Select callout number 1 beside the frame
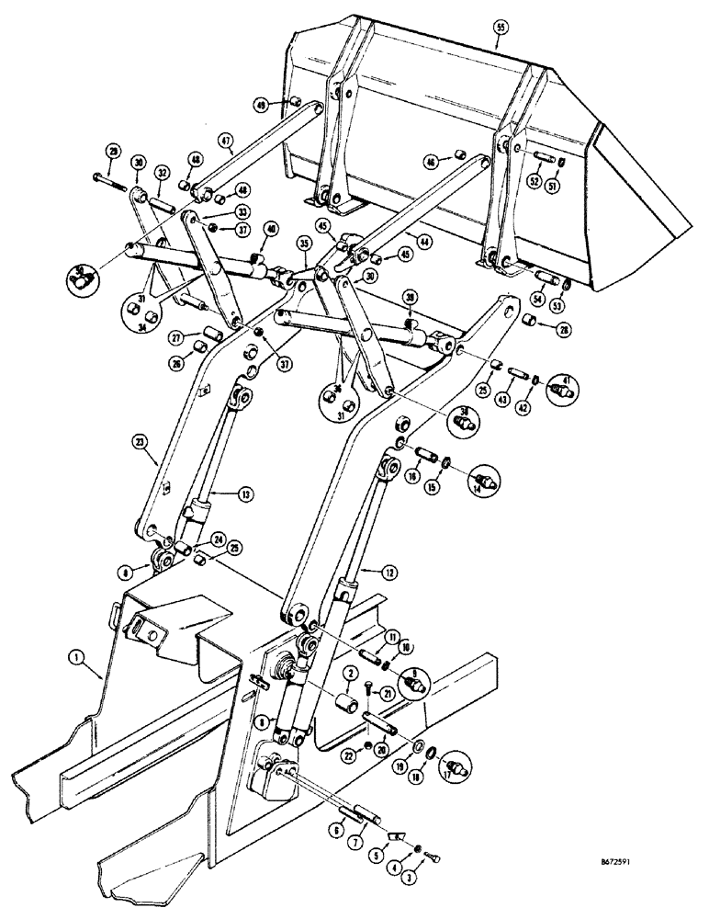pos(73,658)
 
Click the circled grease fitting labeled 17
pos(456,765)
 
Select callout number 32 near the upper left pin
pos(162,173)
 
